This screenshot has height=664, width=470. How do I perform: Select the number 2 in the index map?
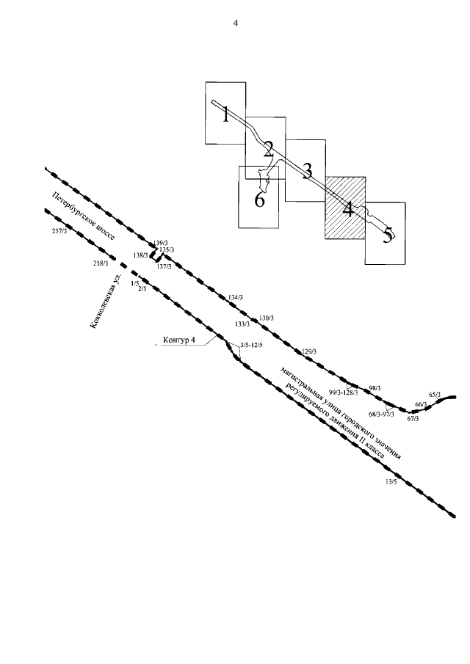268,150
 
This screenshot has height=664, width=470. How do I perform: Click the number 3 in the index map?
308,171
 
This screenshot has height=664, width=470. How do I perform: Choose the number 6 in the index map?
259,200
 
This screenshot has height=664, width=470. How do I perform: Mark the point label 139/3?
161,243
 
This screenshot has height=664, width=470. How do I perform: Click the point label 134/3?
236,297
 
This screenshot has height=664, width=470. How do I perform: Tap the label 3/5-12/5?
251,344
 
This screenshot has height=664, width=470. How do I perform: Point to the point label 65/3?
435,395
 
